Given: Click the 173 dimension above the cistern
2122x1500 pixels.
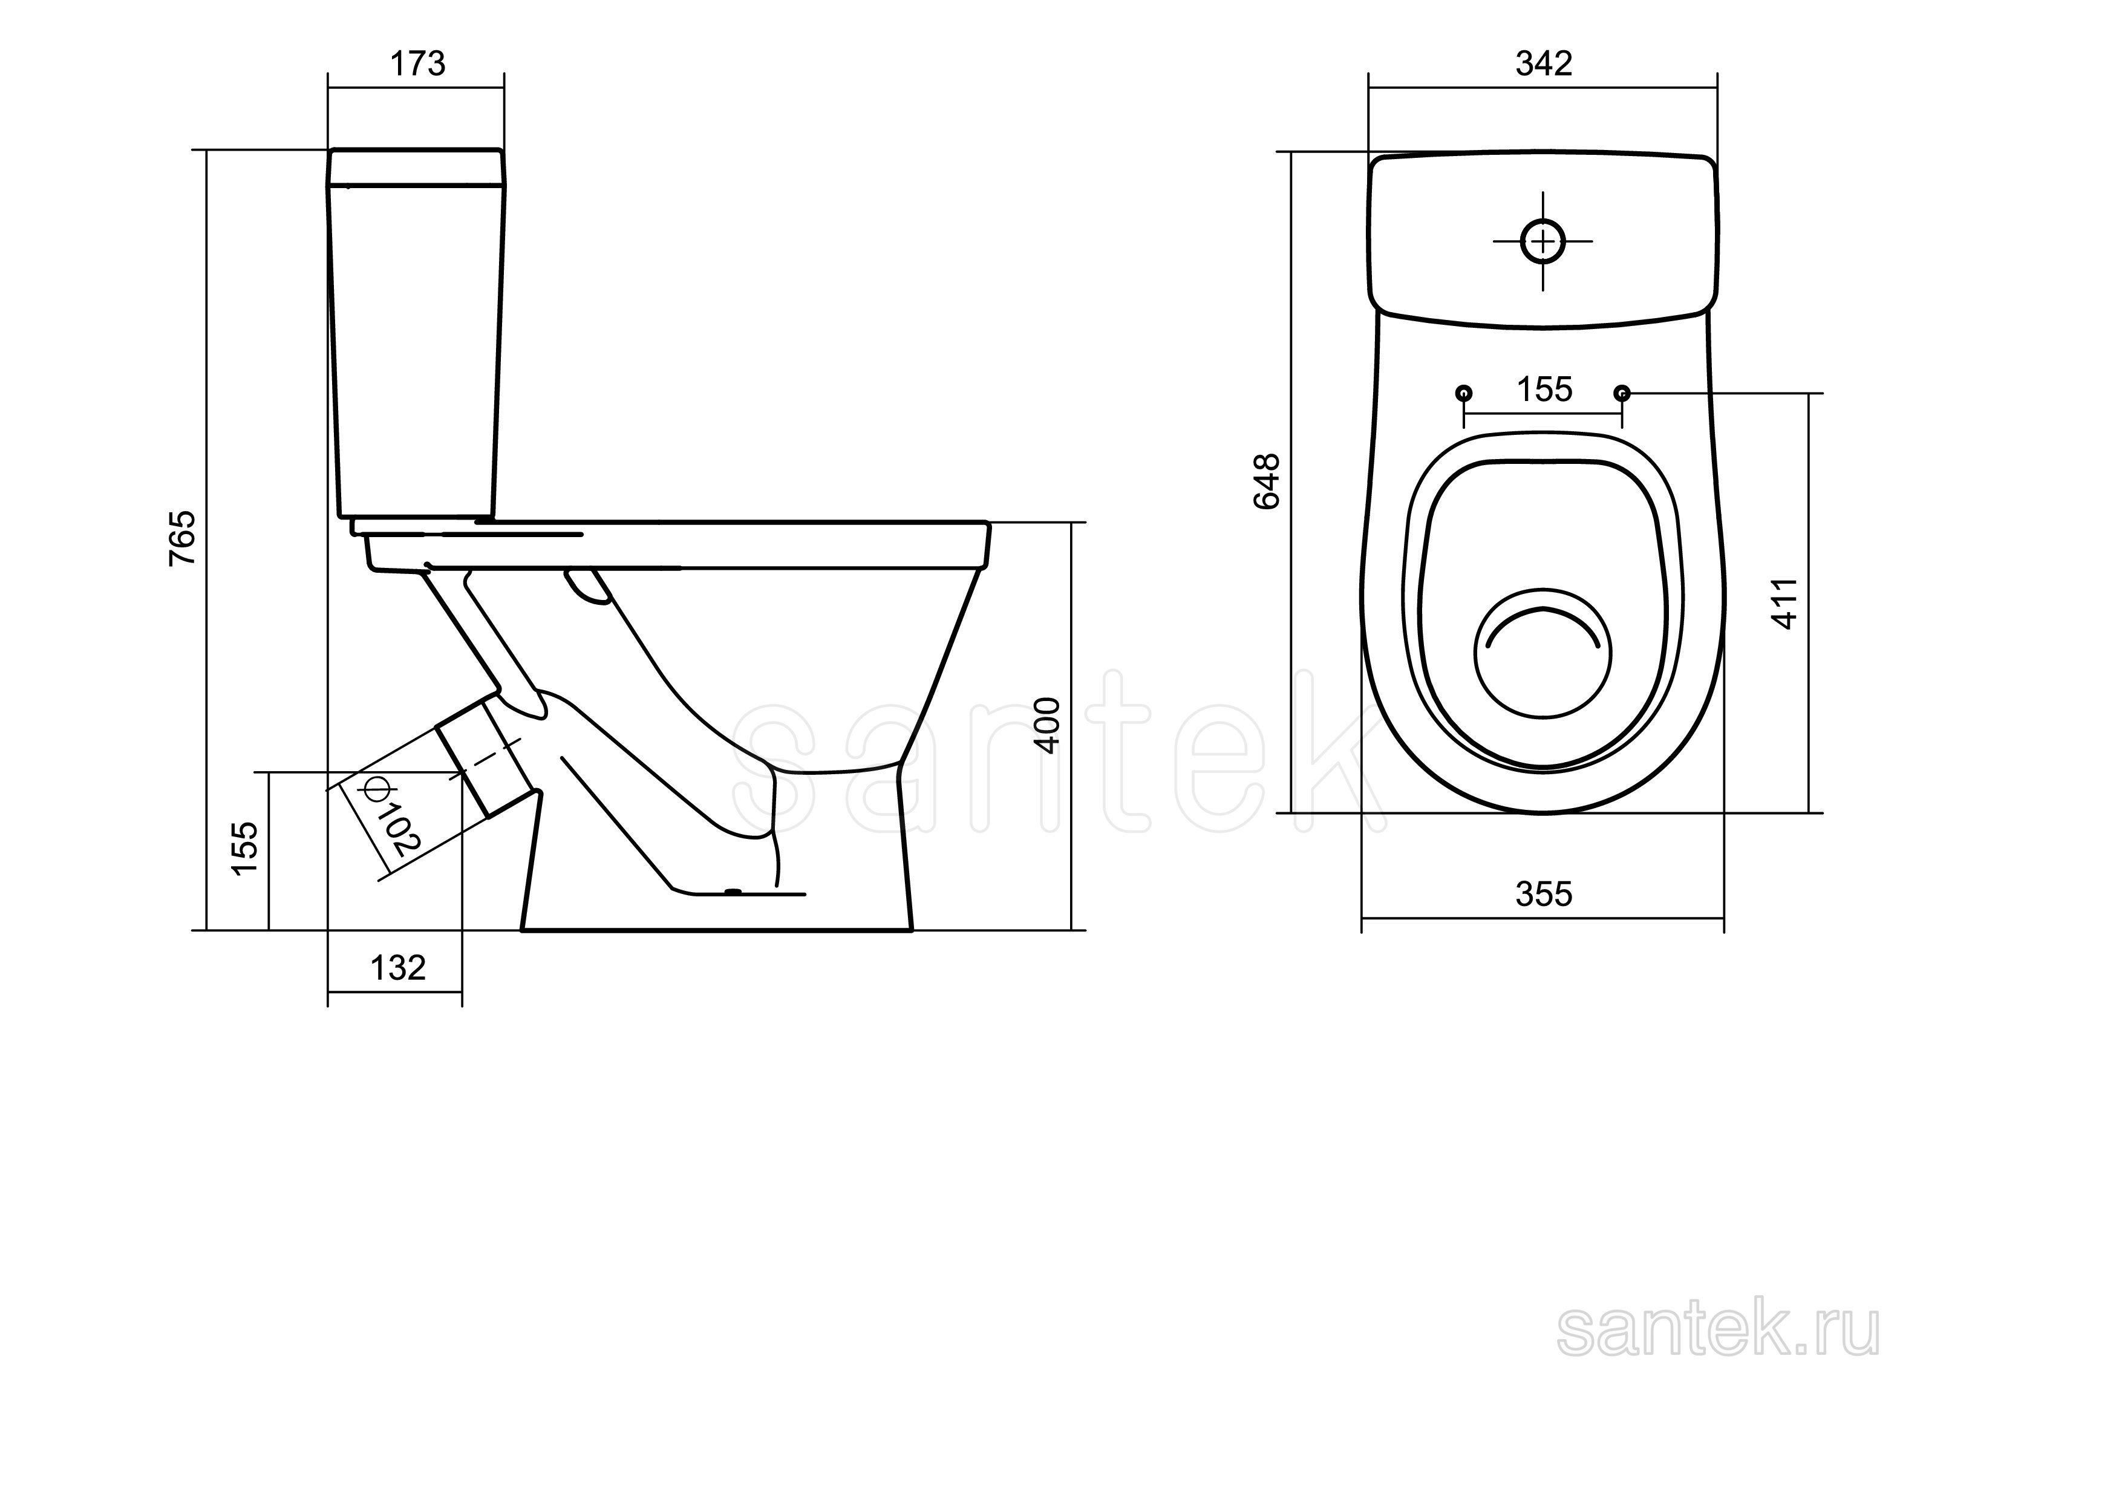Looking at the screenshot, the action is coord(418,64).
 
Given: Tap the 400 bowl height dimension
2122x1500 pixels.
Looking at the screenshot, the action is coord(1047,726).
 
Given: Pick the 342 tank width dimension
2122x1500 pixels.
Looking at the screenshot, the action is coord(1544,63).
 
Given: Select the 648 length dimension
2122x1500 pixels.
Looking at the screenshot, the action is coord(1266,481).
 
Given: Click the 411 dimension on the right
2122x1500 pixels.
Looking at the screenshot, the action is coord(1786,604).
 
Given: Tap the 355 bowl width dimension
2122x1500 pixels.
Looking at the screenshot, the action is coord(1544,894).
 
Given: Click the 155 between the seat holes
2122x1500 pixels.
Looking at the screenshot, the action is coord(1544,390).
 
